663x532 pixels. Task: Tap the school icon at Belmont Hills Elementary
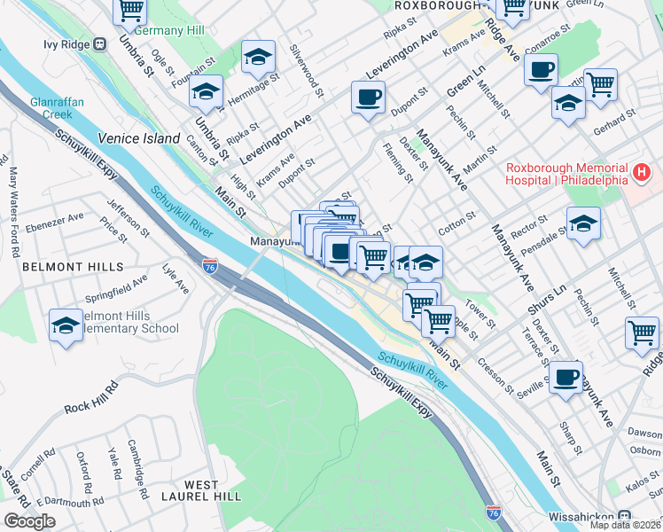(x=66, y=325)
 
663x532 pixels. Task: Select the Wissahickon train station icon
(x=624, y=514)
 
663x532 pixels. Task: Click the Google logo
(x=28, y=520)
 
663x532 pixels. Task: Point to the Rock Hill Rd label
(x=91, y=399)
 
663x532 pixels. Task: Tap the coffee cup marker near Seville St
(x=565, y=377)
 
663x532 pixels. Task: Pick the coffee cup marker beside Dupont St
(x=368, y=97)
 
